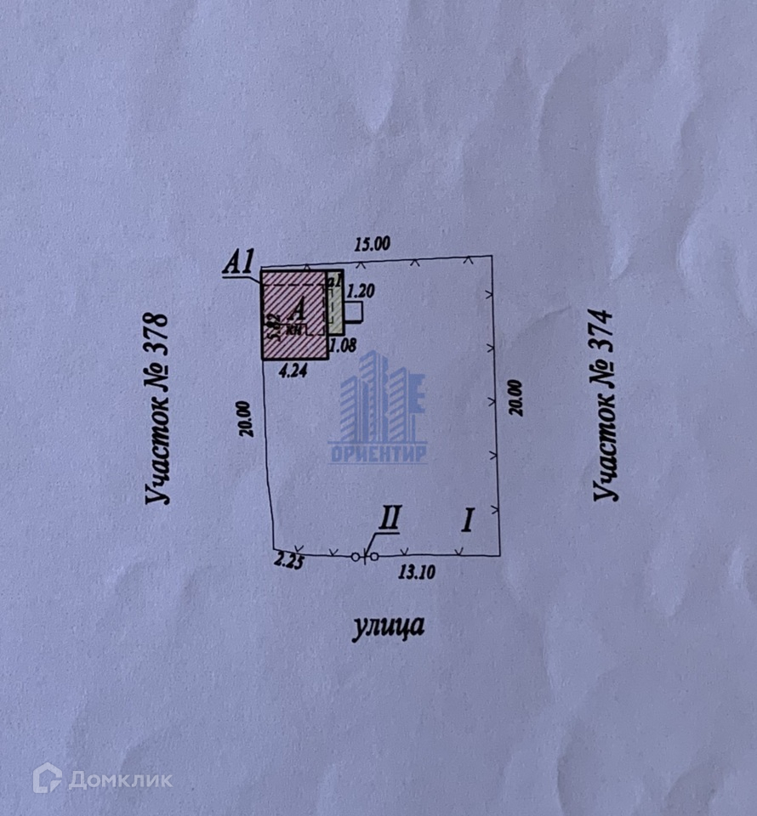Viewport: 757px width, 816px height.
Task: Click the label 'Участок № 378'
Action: pos(159,409)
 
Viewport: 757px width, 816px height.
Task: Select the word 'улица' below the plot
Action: pos(387,627)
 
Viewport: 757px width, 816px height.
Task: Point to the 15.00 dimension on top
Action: pos(372,244)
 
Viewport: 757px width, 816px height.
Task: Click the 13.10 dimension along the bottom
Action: pos(417,573)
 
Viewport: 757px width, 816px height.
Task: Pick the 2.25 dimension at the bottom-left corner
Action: pos(287,560)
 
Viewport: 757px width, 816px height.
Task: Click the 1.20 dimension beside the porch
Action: pos(361,291)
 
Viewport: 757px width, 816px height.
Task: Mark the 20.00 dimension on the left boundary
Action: pos(245,417)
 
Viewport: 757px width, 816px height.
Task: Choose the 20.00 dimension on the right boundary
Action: pos(517,397)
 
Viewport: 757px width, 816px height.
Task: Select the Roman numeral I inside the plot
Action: pos(467,519)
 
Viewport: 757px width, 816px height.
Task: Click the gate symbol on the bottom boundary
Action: pos(364,557)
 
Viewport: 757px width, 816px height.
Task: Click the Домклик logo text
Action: pos(119,779)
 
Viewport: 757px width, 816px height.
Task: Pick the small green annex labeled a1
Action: pos(334,302)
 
